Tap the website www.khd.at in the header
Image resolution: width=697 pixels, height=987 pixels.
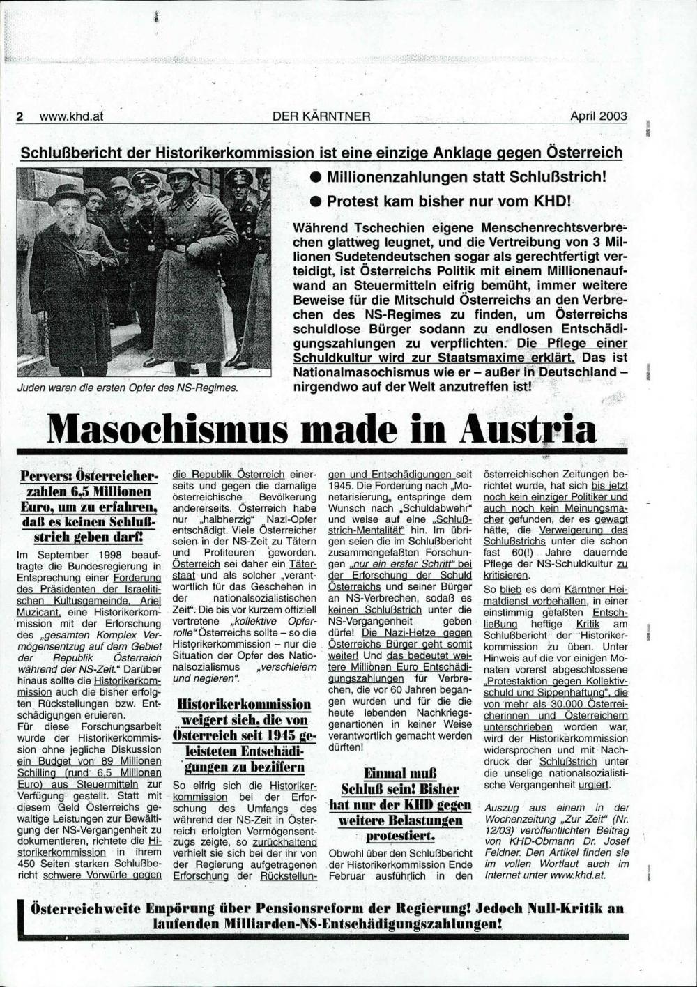pos(71,116)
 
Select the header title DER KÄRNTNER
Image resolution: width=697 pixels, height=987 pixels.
pos(321,116)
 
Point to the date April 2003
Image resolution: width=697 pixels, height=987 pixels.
pos(598,116)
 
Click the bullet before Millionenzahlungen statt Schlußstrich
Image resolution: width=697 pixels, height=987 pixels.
pos(315,178)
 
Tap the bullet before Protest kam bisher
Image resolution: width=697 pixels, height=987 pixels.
pos(315,202)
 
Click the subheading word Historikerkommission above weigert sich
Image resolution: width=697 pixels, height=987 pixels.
pos(244,704)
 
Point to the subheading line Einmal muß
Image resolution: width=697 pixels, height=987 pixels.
pos(400,773)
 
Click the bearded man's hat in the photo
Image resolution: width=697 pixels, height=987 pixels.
pos(67,192)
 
